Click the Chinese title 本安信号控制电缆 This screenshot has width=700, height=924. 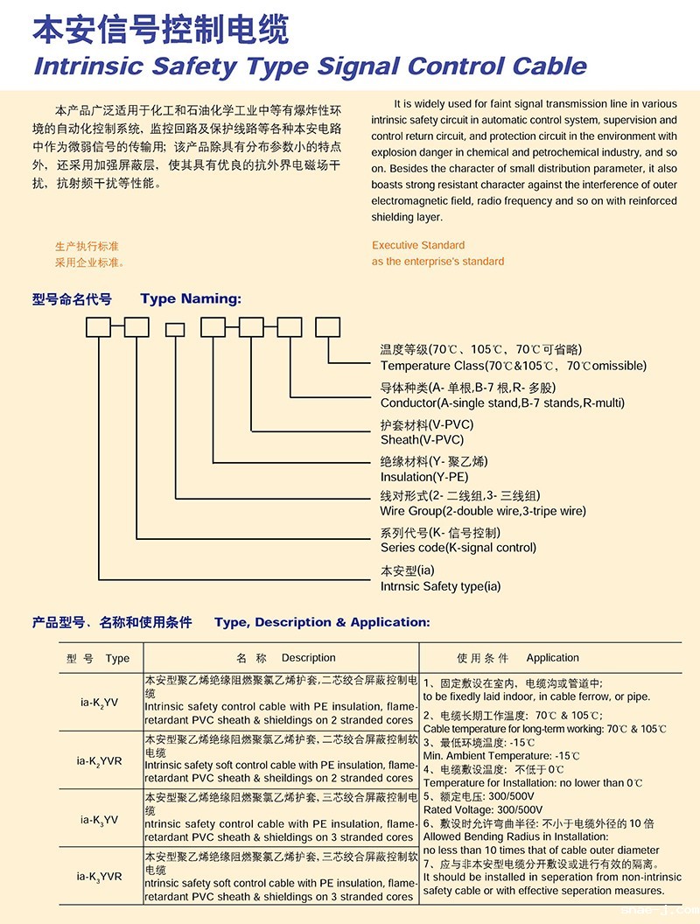160,31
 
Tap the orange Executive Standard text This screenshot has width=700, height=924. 418,245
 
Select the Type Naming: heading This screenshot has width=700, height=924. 190,299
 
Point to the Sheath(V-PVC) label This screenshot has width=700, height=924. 422,440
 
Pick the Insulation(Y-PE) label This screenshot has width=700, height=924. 424,478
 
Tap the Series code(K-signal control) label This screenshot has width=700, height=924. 458,548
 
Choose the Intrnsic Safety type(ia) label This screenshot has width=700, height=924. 440,586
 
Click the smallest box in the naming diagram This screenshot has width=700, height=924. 175,329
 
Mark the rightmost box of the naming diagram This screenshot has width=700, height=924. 327,328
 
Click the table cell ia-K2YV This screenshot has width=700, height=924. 99,701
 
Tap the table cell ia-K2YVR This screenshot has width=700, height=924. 99,760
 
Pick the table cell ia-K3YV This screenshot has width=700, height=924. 99,820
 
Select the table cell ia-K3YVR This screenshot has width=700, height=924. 99,876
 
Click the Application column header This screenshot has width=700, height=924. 552,658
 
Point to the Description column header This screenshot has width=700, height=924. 308,658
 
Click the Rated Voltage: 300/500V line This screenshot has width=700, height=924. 482,809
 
